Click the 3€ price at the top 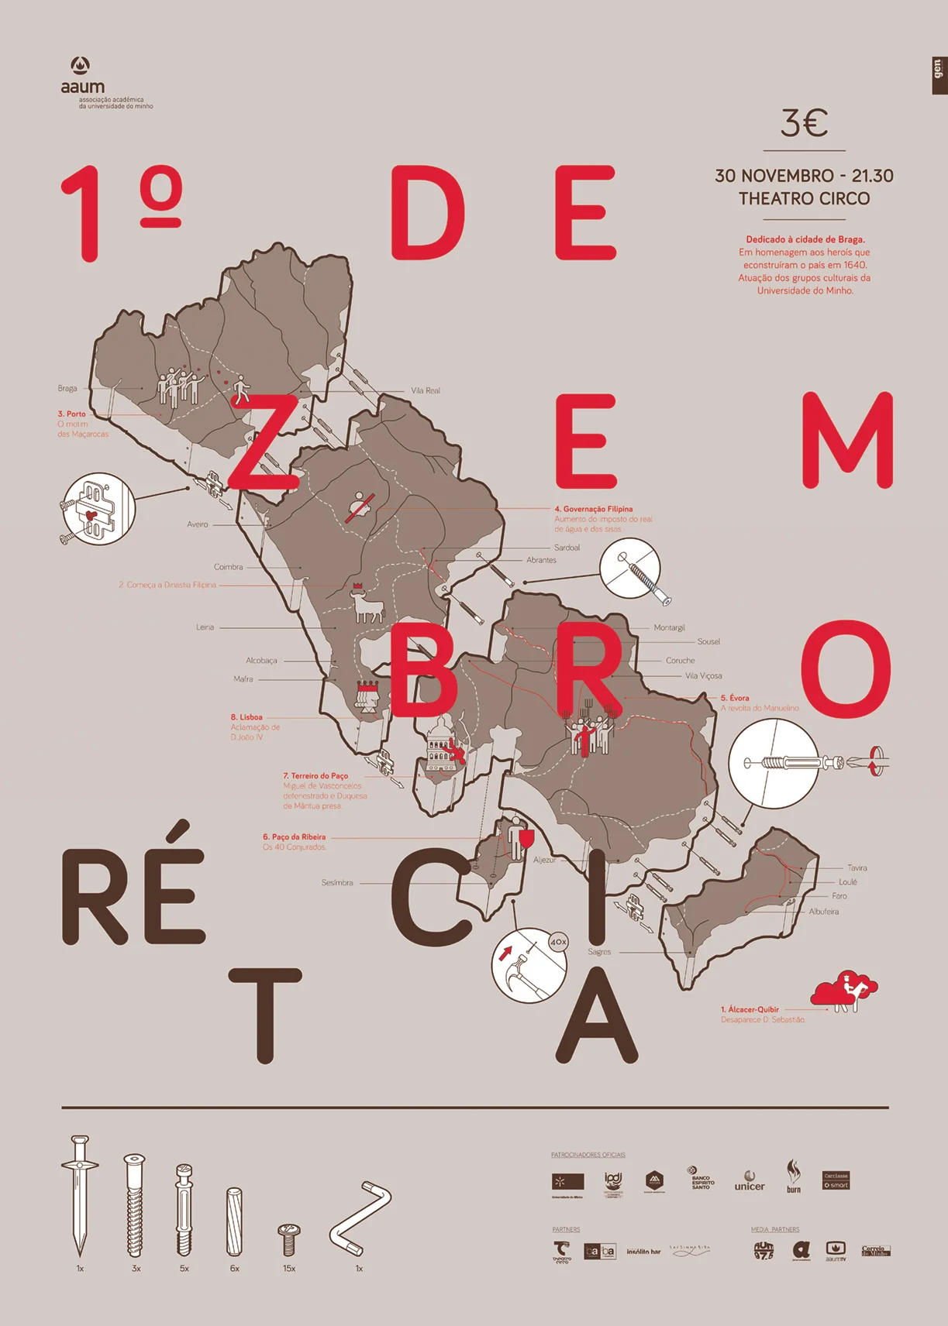[804, 123]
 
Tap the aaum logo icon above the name [80, 65]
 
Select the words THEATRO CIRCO [804, 199]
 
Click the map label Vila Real [426, 391]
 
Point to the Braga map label [67, 388]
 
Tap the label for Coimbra [229, 567]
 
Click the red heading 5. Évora [735, 698]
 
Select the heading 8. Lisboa [246, 717]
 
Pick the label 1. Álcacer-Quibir [750, 1009]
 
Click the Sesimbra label [337, 883]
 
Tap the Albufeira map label [824, 912]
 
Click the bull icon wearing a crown [366, 604]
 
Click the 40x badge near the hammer [558, 942]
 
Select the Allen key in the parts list [360, 1218]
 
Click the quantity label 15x [289, 1269]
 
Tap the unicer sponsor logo [750, 1182]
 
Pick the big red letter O [846, 668]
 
